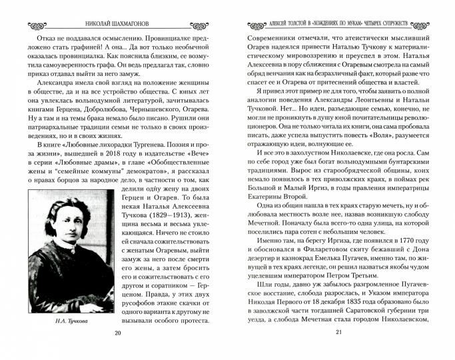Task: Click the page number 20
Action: [118, 351]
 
